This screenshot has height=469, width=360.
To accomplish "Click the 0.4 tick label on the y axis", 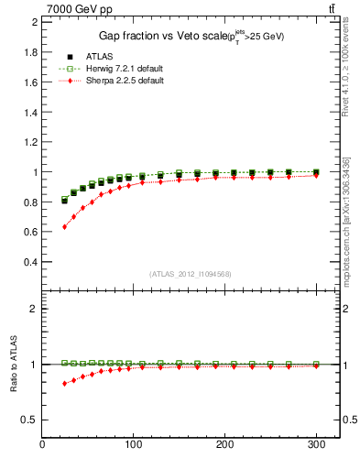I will click(x=29, y=262).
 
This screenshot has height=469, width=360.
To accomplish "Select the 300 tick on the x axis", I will click(x=316, y=445).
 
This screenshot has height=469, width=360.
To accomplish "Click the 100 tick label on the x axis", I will click(x=135, y=445).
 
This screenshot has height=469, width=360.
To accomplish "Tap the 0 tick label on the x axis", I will click(x=43, y=445).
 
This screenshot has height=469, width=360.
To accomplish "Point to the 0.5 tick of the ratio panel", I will click(x=29, y=420).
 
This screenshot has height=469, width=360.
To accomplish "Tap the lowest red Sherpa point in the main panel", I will click(x=64, y=226).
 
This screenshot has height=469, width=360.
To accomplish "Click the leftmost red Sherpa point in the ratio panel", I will click(x=64, y=383).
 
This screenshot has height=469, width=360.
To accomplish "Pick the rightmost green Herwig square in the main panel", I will click(x=316, y=172).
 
